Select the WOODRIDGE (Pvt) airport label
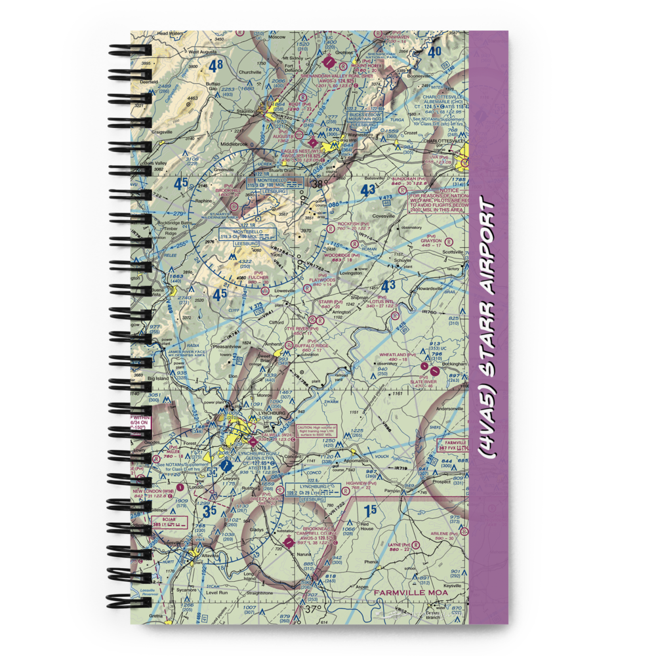point(346,256)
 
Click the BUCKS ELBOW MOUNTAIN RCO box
point(365,117)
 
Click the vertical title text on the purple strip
point(489,328)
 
